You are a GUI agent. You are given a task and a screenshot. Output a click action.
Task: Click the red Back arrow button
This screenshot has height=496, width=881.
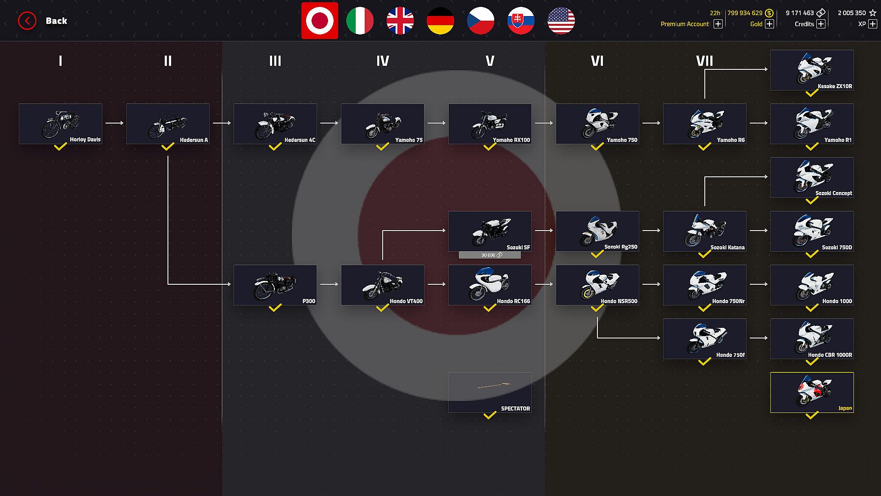point(27,21)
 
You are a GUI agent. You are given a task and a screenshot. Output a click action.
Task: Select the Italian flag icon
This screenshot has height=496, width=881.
point(360,21)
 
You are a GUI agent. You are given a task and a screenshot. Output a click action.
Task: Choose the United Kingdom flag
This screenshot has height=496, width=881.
point(400,21)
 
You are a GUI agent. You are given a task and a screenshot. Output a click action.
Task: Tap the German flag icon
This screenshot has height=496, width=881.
point(440,21)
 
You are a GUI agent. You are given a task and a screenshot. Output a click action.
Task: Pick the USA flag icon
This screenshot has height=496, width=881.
point(561,21)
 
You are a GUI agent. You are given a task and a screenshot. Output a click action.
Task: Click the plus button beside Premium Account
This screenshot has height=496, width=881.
point(718,24)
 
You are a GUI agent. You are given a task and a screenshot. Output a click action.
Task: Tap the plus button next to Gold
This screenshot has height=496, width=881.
point(769,24)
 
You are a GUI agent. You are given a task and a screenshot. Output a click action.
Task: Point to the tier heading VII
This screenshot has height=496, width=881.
point(704,61)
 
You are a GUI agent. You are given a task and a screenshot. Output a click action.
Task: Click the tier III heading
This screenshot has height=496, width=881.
point(275,61)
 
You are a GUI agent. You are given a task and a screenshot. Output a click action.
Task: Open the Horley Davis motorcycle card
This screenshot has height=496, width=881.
point(61,124)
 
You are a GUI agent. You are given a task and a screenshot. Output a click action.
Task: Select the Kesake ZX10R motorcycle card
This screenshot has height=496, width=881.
point(812,70)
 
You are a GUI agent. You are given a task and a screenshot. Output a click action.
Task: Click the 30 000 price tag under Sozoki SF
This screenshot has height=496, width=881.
point(490,255)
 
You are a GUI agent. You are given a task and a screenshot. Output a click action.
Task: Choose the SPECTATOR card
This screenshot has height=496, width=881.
point(490,392)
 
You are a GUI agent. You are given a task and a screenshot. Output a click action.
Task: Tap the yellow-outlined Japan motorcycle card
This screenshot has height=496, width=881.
point(812,392)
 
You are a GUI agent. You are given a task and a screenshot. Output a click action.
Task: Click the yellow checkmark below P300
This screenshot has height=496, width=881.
point(275,308)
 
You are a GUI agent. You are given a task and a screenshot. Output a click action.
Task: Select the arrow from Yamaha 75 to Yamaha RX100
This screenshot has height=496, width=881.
point(436,123)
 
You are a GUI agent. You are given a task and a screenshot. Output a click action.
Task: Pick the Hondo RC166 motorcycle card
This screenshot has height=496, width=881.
point(490,285)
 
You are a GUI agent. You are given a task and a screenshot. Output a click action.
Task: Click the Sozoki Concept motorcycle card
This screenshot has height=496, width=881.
point(812,177)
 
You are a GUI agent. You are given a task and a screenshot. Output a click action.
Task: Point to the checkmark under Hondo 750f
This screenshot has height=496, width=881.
point(704,362)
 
